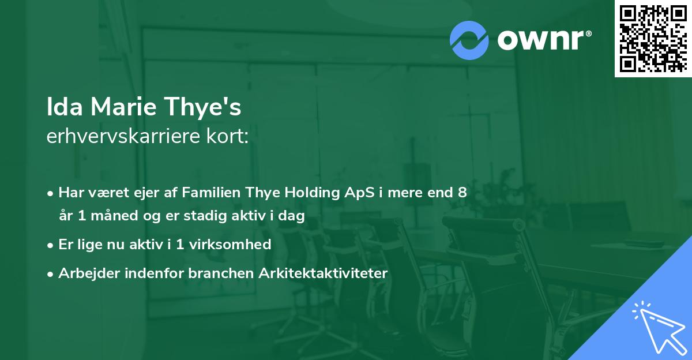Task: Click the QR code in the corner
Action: (x=653, y=38)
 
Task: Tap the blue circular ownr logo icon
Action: (x=469, y=40)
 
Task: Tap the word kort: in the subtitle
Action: (x=229, y=137)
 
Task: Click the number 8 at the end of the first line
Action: (x=462, y=193)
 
